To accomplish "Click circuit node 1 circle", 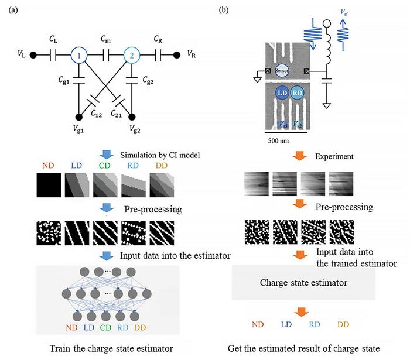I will (x=78, y=56).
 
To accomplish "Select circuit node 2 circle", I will (x=132, y=56).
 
